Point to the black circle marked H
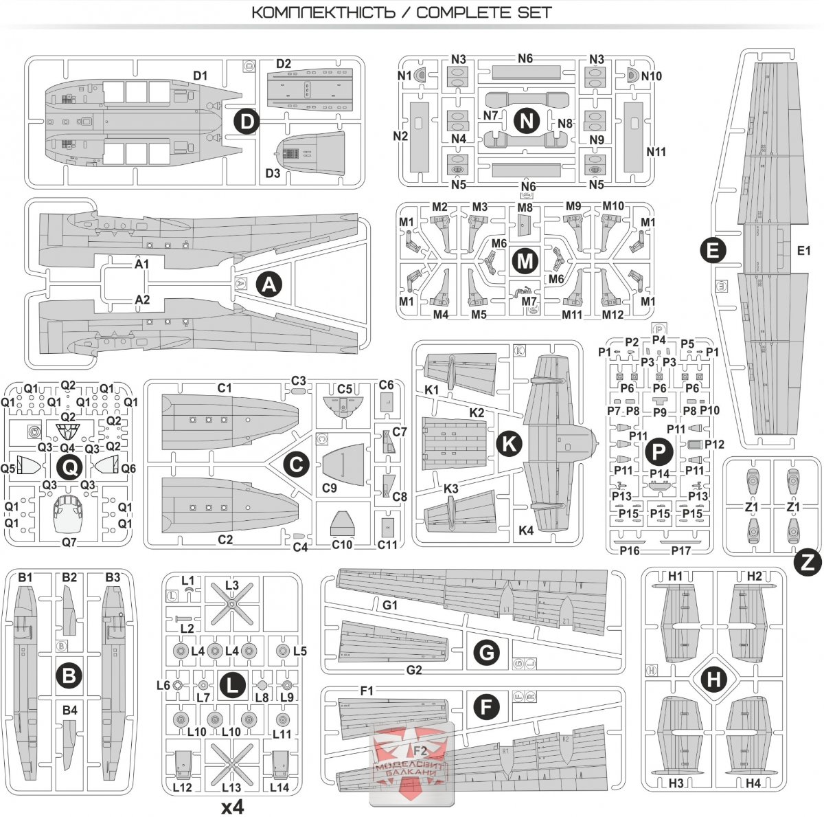click(x=715, y=680)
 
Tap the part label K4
click(x=526, y=530)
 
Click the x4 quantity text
click(x=233, y=807)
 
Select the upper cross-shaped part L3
click(x=232, y=605)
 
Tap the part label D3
click(x=273, y=173)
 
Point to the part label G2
click(x=414, y=670)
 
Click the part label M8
click(x=525, y=208)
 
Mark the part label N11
click(x=656, y=152)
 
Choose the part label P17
click(x=681, y=550)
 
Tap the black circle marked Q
click(x=71, y=468)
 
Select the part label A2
click(x=142, y=300)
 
